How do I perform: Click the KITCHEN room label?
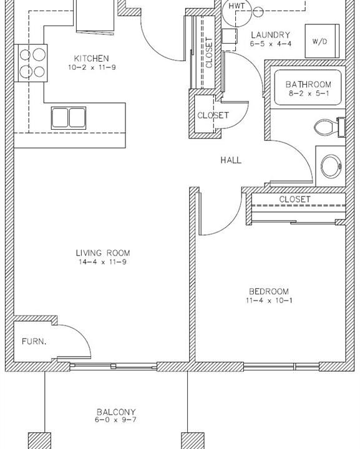[x=91, y=59]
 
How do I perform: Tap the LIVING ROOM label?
[x=103, y=253]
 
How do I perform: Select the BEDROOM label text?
[x=269, y=291]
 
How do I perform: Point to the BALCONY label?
[x=116, y=412]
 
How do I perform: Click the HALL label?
[x=231, y=160]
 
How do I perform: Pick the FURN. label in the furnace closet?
[x=34, y=341]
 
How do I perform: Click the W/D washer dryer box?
[x=322, y=41]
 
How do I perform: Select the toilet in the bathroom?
[x=329, y=127]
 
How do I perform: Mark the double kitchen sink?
[x=69, y=118]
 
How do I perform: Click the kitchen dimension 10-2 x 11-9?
[x=92, y=67]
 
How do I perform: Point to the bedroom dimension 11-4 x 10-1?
[x=269, y=301]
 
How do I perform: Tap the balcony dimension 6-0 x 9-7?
[x=115, y=420]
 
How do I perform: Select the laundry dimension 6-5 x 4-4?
[x=271, y=44]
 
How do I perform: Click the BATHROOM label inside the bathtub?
[x=308, y=84]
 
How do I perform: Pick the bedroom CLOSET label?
[x=294, y=199]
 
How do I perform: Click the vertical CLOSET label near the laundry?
[x=210, y=53]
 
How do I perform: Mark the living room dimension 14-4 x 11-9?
[x=102, y=262]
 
